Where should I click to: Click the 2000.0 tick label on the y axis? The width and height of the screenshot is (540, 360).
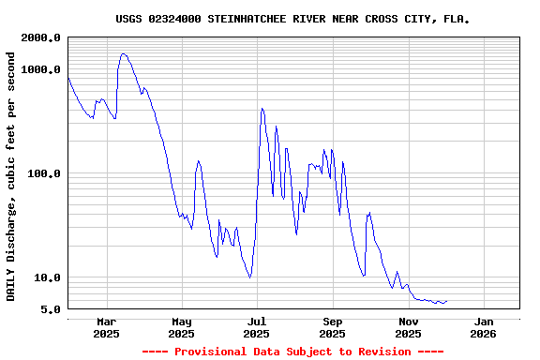click(41, 37)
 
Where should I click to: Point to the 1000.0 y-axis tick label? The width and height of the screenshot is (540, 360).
click(41, 69)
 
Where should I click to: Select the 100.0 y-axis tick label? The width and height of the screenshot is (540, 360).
click(44, 173)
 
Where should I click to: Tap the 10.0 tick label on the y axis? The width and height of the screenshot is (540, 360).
click(47, 277)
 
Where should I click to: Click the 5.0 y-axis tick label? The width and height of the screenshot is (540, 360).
click(51, 309)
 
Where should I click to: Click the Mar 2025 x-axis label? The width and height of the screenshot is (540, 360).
click(106, 327)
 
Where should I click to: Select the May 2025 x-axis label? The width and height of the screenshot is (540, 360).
click(182, 327)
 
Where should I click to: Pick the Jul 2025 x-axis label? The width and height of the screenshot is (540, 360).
click(256, 327)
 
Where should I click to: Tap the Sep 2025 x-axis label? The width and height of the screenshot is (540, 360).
click(332, 327)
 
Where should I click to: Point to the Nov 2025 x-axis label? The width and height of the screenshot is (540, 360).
click(408, 327)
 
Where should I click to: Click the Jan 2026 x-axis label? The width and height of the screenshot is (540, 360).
click(483, 327)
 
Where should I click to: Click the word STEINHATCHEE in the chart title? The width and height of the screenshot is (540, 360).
click(246, 19)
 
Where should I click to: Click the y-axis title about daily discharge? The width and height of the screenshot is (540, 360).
click(11, 176)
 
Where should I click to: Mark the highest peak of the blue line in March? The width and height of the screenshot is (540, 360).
click(123, 53)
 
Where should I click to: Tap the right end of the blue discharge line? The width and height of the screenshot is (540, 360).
click(446, 301)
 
